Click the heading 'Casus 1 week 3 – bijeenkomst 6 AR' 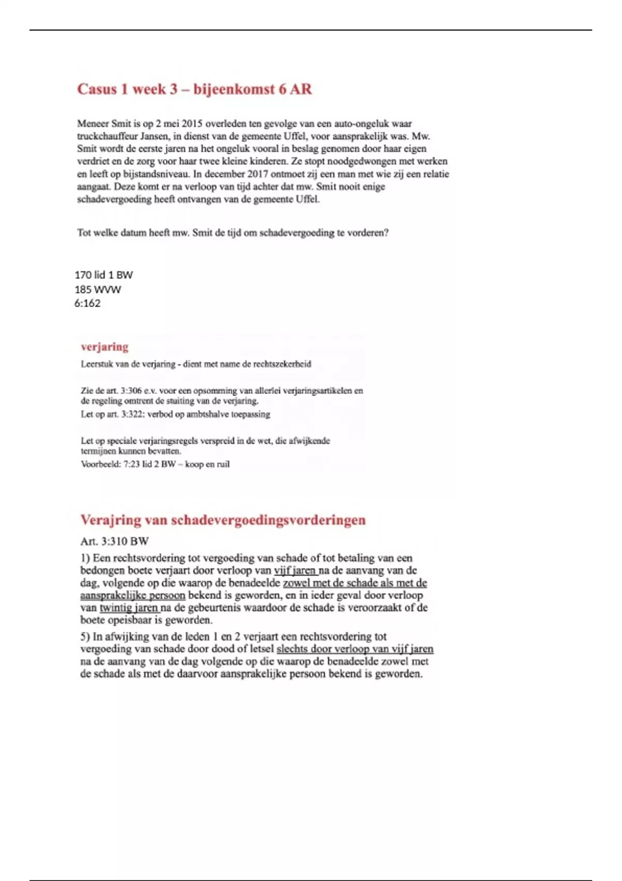(x=194, y=89)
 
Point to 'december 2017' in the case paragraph (x=230, y=174)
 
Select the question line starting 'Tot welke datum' (x=233, y=233)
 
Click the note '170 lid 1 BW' (x=104, y=275)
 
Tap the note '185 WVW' (x=97, y=289)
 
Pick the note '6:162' (x=87, y=303)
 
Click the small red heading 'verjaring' (x=104, y=347)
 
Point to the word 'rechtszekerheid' (x=282, y=364)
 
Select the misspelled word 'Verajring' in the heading (x=110, y=520)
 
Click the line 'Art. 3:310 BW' (x=115, y=542)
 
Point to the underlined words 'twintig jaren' (x=129, y=608)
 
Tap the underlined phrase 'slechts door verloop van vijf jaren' (x=355, y=649)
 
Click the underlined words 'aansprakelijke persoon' (x=133, y=595)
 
